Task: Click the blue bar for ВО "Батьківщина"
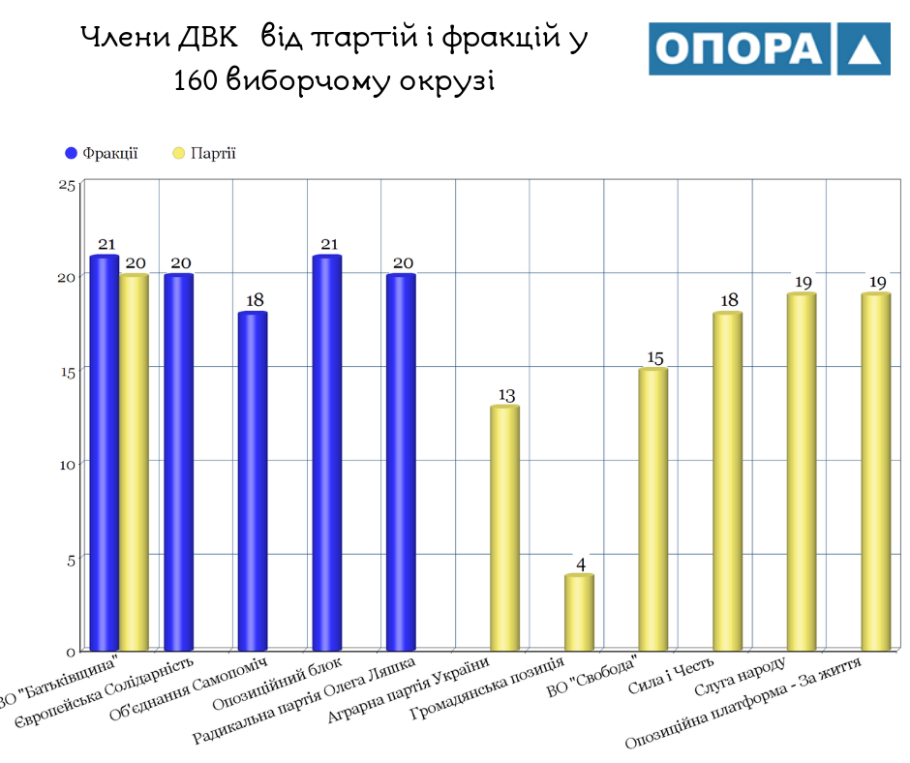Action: [x=104, y=452]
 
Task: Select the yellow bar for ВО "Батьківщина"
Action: [x=134, y=462]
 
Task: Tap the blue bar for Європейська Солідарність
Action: [x=178, y=462]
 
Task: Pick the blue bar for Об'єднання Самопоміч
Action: [x=252, y=480]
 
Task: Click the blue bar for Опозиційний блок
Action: [x=326, y=452]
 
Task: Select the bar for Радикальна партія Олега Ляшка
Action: [x=400, y=462]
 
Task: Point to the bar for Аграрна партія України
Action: [x=504, y=528]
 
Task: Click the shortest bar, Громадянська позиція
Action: [x=579, y=612]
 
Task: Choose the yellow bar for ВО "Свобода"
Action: [x=653, y=508]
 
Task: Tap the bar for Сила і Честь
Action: [x=727, y=480]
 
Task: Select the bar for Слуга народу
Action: [x=802, y=472]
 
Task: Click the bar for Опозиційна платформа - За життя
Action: [x=875, y=472]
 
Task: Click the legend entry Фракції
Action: [x=102, y=153]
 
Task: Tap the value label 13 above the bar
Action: [x=505, y=395]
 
